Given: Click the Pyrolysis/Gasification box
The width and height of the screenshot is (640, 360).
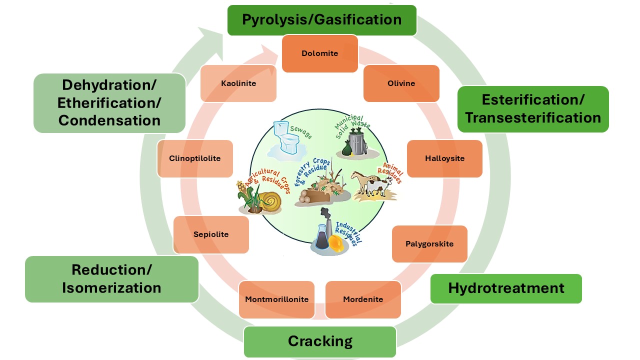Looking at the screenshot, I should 321,20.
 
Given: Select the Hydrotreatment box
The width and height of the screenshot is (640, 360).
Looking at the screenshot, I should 506,288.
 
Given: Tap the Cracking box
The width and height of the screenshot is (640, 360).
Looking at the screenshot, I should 320,342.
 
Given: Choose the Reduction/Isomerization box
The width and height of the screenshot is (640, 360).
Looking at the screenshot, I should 111,279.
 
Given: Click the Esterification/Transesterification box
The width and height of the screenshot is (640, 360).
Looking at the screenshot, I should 533,109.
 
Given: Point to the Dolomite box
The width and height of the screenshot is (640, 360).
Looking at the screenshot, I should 320,53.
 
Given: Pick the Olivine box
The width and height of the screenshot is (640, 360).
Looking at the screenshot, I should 401,83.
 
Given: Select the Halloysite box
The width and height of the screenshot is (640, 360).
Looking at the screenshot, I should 444,158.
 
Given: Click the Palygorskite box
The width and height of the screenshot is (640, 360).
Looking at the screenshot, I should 429,244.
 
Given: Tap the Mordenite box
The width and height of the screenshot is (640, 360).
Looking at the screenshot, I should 363,299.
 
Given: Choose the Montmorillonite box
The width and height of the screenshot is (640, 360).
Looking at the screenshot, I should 276,299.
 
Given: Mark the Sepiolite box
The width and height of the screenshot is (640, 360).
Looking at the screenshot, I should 211,234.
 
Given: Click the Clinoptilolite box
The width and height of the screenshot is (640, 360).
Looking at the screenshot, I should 195,158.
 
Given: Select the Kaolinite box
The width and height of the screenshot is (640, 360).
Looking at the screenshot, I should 238,83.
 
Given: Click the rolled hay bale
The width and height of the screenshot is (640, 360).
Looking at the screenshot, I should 272,201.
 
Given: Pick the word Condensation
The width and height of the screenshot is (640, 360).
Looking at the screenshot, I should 109,120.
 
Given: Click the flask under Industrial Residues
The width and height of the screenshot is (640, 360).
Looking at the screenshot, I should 322,235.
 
